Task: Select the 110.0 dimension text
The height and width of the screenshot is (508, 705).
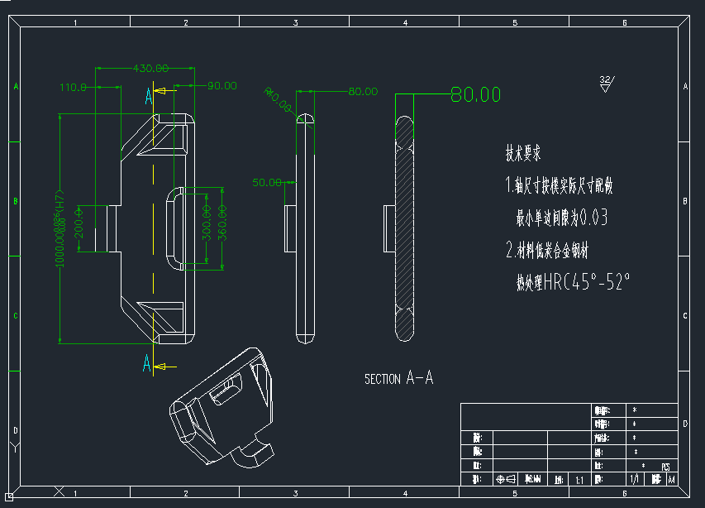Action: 74,86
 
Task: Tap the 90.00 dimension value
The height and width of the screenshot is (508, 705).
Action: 222,85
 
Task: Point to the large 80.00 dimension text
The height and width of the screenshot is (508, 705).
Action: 475,94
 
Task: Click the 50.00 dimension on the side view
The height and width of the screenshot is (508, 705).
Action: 267,182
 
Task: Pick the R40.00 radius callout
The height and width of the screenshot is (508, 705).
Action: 277,99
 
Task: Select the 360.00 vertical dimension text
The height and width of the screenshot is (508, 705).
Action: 222,228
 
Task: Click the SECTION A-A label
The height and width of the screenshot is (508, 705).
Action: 398,379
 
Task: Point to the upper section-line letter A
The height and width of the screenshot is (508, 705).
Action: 149,96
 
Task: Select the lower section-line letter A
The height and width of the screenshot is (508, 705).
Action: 147,362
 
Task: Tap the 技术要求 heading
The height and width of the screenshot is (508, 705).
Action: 523,153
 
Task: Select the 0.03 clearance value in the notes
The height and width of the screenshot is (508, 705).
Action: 594,218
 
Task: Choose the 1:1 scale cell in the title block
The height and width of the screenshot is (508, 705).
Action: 579,480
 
